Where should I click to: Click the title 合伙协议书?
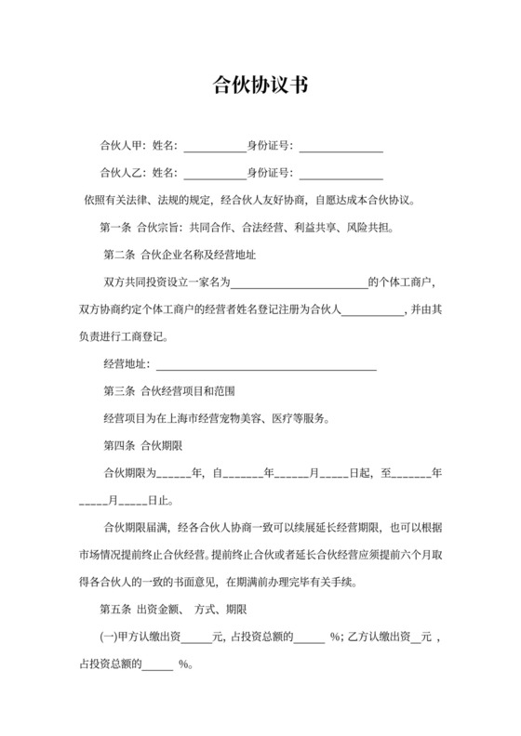pos(260,86)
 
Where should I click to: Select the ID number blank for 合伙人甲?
pos(341,146)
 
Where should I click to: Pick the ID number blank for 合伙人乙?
pos(341,173)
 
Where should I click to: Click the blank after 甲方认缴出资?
pos(197,638)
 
